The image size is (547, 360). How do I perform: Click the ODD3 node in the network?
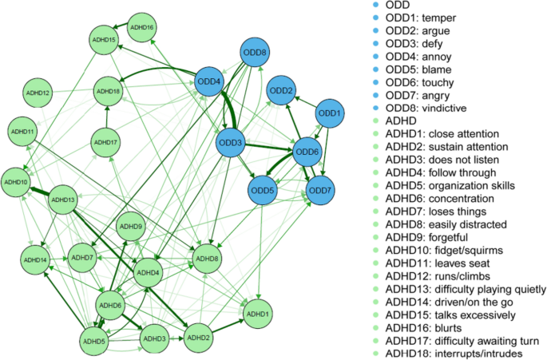point(231,143)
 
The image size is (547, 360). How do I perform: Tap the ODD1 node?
point(331,113)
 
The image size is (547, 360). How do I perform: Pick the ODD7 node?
point(321,191)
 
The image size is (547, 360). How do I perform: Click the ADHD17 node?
point(107,143)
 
